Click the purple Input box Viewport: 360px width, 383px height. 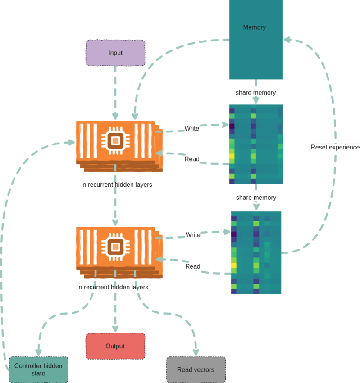115,53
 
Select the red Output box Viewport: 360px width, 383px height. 115,346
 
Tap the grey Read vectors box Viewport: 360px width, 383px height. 196,370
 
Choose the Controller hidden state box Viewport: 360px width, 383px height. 38,369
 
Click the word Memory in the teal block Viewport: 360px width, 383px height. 255,27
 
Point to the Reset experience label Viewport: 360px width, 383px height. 335,147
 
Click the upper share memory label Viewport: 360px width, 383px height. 256,93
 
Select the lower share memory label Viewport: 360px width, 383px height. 256,198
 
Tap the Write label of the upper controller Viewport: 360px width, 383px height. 191,128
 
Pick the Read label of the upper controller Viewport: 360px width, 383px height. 192,159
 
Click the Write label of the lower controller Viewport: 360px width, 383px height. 193,235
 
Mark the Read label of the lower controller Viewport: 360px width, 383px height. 193,266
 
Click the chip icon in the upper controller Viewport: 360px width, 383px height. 116,141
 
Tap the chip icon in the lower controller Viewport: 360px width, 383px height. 116,247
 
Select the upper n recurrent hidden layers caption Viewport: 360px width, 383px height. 117,185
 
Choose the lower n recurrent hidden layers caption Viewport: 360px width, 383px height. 114,287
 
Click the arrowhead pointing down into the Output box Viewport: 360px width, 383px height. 115,329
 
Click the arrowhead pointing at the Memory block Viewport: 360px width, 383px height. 287,40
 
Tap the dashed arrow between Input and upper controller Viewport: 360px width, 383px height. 115,92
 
